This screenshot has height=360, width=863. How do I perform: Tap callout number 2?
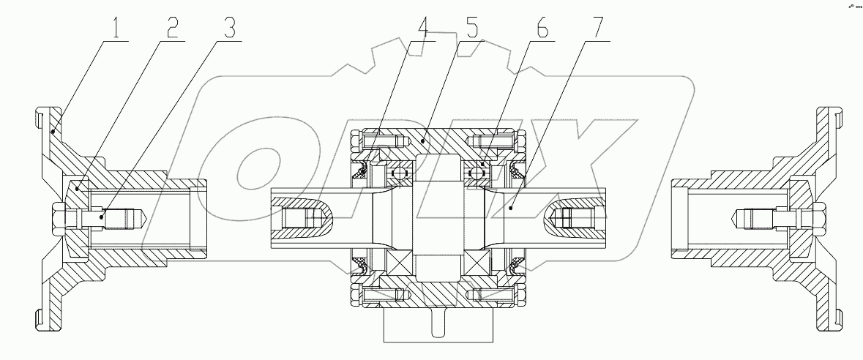tap(172, 29)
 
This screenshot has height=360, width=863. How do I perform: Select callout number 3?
tap(230, 29)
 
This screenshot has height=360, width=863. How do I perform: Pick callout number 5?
tap(472, 29)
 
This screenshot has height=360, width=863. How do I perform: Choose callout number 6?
tap(542, 29)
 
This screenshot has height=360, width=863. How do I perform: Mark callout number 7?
tap(598, 29)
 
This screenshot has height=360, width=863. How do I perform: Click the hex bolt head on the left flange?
tap(58, 218)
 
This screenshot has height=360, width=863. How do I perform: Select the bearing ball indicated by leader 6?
tap(479, 173)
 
